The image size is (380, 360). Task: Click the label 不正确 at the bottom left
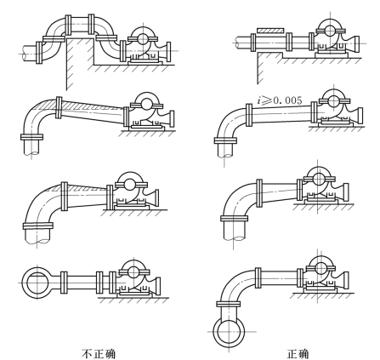coord(99,354)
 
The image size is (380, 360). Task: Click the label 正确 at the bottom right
coord(298,354)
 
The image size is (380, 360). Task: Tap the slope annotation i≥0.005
coord(280,100)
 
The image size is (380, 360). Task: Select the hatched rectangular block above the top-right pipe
coord(270,30)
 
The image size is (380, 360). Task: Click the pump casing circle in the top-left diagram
coord(143,38)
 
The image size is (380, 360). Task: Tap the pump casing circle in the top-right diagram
coord(330,31)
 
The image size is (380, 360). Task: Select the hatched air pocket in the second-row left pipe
coord(85,105)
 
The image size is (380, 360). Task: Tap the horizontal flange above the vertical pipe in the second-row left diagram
coord(31,137)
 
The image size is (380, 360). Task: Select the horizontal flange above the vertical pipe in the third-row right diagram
coord(235,218)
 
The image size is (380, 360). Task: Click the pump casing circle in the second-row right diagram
coord(333,100)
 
